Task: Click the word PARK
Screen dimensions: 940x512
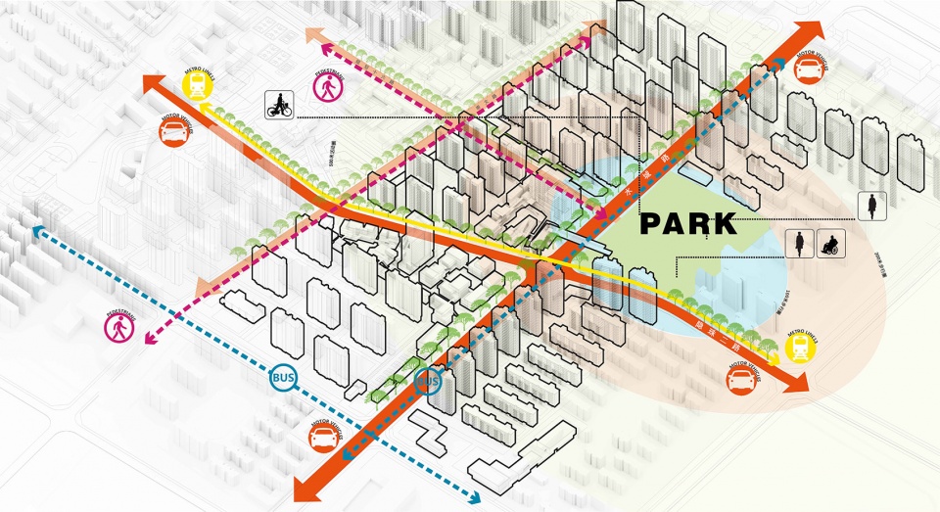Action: point(688,224)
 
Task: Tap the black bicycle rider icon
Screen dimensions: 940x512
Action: point(280,106)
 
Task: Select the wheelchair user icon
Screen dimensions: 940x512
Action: point(829,244)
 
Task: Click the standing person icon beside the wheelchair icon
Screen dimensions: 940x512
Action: point(801,244)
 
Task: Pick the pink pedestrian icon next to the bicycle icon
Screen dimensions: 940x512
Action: point(326,87)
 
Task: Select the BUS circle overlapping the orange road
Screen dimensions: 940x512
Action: point(429,381)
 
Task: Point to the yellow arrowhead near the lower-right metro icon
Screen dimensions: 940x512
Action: point(775,358)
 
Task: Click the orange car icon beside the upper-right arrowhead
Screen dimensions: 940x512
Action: point(807,69)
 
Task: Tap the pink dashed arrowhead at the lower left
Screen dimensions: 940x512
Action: point(150,339)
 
